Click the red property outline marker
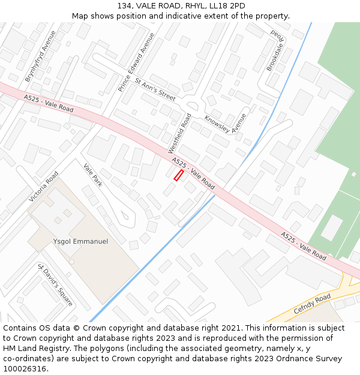coord(178,175)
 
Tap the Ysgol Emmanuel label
coord(80,241)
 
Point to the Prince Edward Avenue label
coord(136,62)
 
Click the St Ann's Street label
coord(155,89)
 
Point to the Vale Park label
coord(93,176)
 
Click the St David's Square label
coord(55,285)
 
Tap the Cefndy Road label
coord(312,304)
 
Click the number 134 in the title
coord(124,6)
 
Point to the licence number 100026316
coord(25,369)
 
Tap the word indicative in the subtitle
coord(201,16)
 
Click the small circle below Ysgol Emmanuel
coord(71,262)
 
